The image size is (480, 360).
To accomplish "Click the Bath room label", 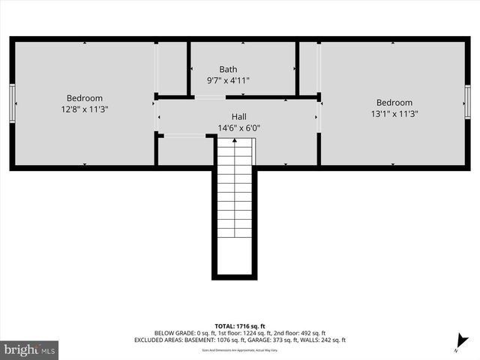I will click(228, 69).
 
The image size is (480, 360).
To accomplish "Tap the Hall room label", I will click(238, 117).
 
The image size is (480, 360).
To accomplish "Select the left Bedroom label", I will click(85, 98).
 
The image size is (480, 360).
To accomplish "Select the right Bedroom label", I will click(394, 103).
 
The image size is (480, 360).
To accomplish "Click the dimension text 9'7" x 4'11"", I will click(228, 79).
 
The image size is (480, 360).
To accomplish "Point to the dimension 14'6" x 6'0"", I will click(238, 127).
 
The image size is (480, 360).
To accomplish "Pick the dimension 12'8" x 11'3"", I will click(85, 109).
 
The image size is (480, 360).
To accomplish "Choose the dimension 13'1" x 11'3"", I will click(394, 114).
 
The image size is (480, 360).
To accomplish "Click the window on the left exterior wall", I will click(12, 101).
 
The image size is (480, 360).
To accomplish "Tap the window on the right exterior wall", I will click(467, 102).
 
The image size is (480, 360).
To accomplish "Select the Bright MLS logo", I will click(30, 349).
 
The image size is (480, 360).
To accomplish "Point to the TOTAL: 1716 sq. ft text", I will click(239, 326).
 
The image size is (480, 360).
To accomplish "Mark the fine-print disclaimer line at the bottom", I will click(239, 349).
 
